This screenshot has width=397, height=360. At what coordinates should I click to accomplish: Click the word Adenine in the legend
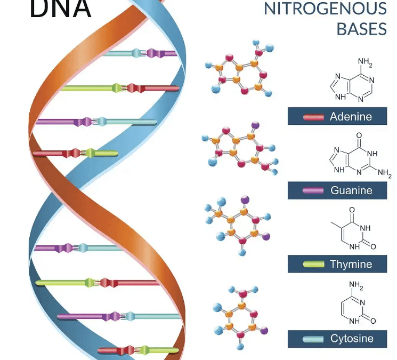pyautogui.click(x=351, y=116)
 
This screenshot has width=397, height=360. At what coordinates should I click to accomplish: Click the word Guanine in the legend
pyautogui.click(x=351, y=190)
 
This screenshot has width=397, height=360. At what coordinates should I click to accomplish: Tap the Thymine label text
pyautogui.click(x=351, y=264)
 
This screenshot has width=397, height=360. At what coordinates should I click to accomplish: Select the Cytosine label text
pyautogui.click(x=352, y=338)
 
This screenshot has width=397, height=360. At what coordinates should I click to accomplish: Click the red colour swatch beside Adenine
pyautogui.click(x=313, y=117)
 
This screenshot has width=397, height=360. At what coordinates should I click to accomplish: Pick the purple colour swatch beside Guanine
pyautogui.click(x=313, y=190)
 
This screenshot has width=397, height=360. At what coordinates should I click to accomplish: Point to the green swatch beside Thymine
pyautogui.click(x=313, y=264)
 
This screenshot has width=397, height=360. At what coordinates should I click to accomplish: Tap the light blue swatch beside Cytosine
pyautogui.click(x=313, y=339)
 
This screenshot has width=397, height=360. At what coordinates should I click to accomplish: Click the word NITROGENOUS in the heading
pyautogui.click(x=325, y=9)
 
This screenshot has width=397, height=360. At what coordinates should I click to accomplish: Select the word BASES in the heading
pyautogui.click(x=361, y=29)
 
